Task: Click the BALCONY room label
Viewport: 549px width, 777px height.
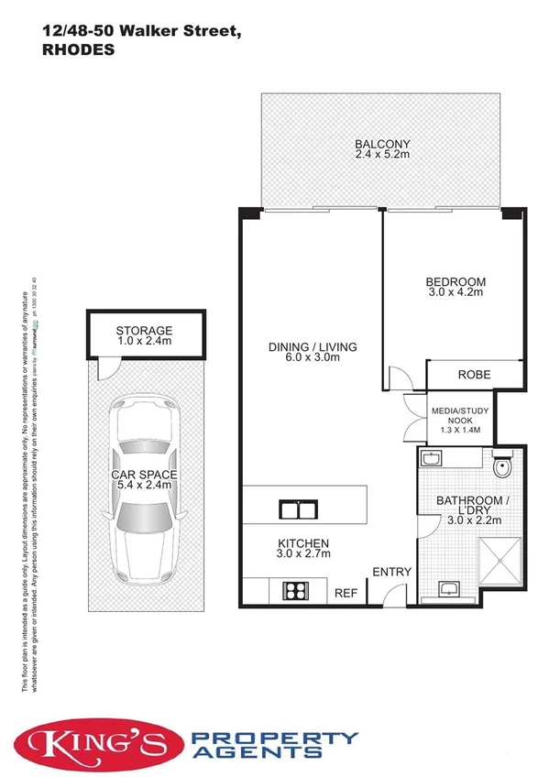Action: [x=382, y=144]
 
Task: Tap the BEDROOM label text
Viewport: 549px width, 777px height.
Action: [x=455, y=281]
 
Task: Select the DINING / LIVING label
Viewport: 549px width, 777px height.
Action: [x=312, y=347]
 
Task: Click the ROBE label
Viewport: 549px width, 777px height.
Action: [x=474, y=374]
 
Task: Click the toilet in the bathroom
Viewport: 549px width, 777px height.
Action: [x=500, y=469]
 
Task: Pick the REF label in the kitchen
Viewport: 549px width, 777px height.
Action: [x=346, y=594]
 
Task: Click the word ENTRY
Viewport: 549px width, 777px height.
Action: [x=391, y=573]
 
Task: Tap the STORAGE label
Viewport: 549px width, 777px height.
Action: [x=144, y=331]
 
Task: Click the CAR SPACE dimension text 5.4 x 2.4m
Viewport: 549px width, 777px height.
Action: [x=145, y=486]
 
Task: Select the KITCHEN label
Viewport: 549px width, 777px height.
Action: [x=302, y=542]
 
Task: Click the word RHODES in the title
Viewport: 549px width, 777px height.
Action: [x=79, y=51]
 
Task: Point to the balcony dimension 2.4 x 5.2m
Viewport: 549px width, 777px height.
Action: [x=382, y=156]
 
